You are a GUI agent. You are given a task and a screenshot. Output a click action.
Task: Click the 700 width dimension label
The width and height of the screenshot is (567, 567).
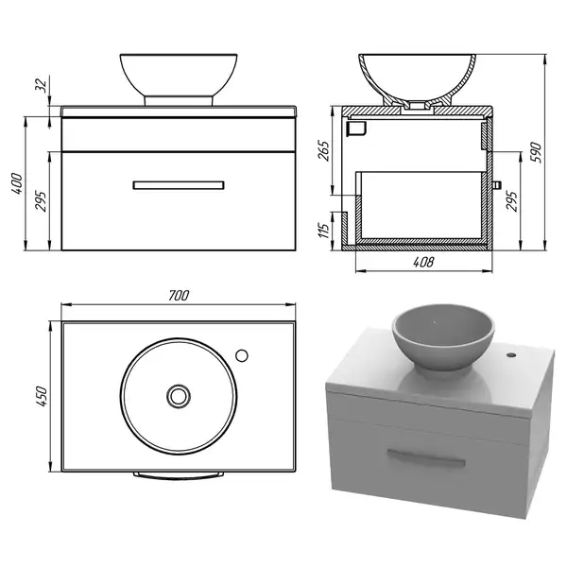(179, 296)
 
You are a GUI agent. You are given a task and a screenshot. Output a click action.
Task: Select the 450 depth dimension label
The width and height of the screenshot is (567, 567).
(43, 396)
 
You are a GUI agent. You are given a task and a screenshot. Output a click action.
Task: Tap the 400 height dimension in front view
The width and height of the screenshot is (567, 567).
(17, 183)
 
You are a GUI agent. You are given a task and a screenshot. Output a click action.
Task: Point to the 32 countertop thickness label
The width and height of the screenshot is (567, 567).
(43, 85)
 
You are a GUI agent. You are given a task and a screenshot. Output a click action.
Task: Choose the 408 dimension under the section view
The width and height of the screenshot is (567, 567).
(423, 262)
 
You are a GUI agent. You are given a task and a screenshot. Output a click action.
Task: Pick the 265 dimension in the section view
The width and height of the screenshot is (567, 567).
(324, 151)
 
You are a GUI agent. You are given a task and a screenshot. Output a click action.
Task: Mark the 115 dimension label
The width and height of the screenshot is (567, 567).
(324, 230)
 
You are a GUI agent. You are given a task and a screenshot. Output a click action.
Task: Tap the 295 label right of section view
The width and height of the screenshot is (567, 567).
(511, 201)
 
